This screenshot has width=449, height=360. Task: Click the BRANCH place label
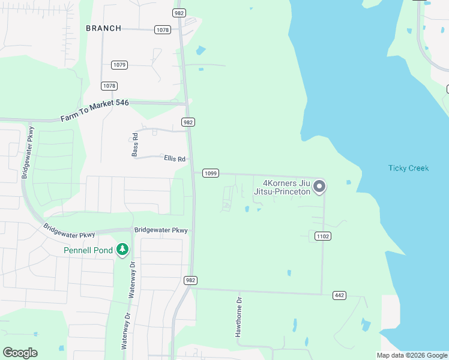tap(103, 28)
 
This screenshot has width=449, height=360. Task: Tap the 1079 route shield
tap(119, 65)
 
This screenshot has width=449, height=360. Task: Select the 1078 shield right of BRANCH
tap(162, 29)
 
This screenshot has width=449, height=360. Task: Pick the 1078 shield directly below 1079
tap(109, 86)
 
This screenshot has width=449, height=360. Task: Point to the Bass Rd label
tap(135, 145)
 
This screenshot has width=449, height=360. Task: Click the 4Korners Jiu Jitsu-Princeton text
tap(286, 187)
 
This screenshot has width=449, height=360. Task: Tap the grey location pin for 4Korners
tap(320, 187)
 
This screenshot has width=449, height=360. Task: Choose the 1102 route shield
tap(323, 236)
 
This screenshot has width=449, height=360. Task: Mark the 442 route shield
tap(339, 295)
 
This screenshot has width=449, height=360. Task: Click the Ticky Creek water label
tap(408, 168)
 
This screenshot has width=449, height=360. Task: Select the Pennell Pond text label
tap(88, 250)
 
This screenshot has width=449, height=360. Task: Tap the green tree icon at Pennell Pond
tap(122, 249)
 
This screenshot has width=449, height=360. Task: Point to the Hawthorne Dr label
tap(238, 317)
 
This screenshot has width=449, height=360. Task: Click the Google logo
tap(20, 353)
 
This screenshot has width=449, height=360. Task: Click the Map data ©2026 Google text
tap(411, 355)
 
